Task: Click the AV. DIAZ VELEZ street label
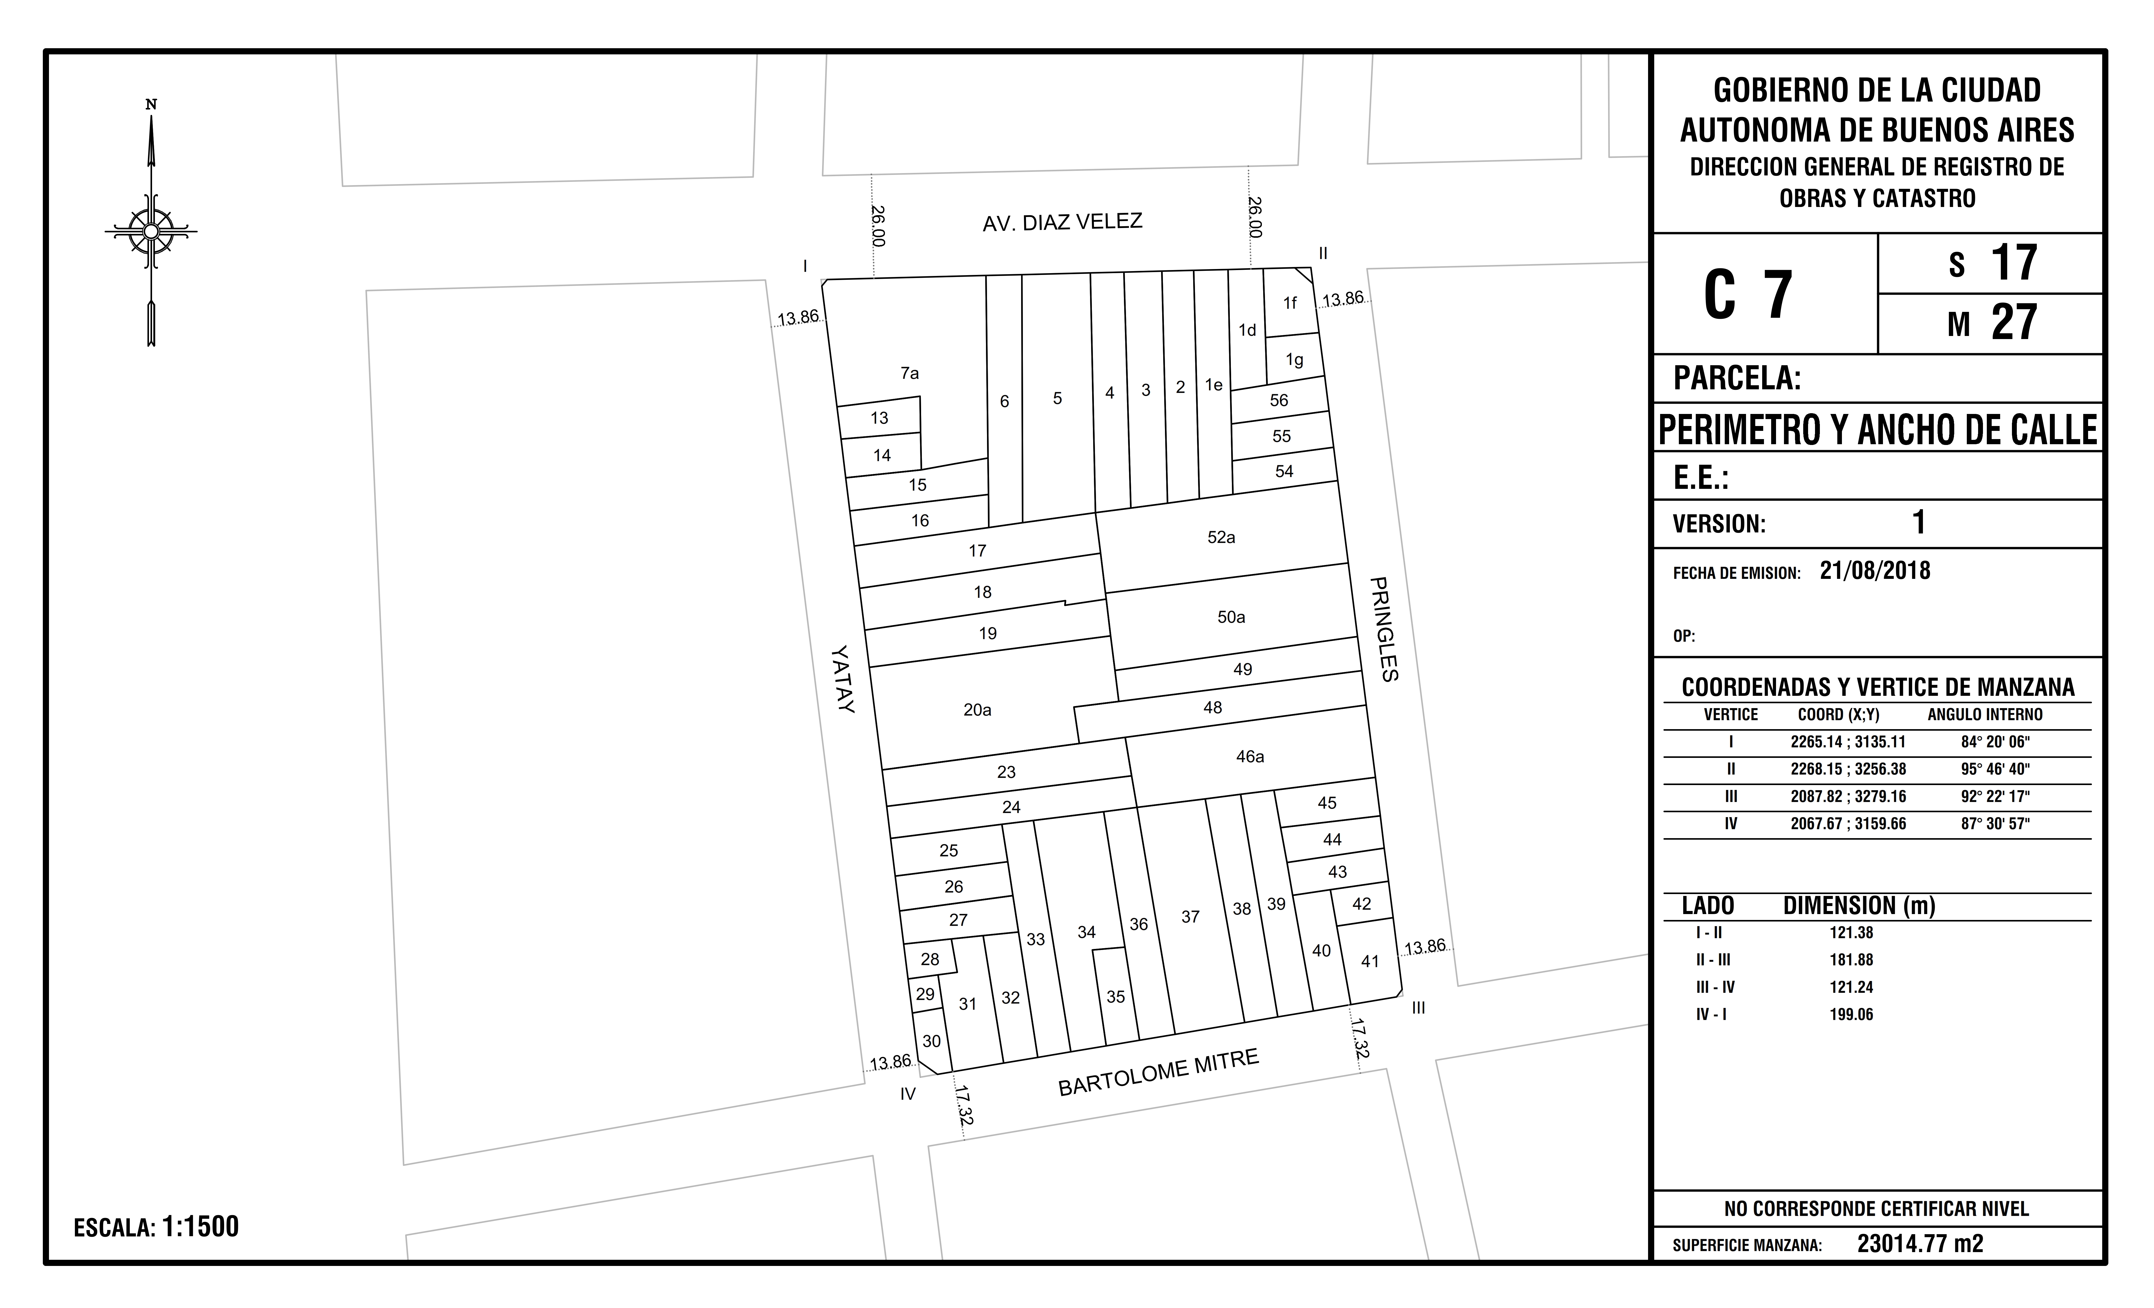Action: [1062, 222]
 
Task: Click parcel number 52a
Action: [1221, 537]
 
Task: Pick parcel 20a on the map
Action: [977, 710]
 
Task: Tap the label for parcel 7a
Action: [909, 373]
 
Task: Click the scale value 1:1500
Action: [200, 1227]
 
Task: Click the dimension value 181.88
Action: [1851, 959]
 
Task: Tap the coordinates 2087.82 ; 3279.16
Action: [1848, 797]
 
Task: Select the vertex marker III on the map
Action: [1418, 1008]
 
